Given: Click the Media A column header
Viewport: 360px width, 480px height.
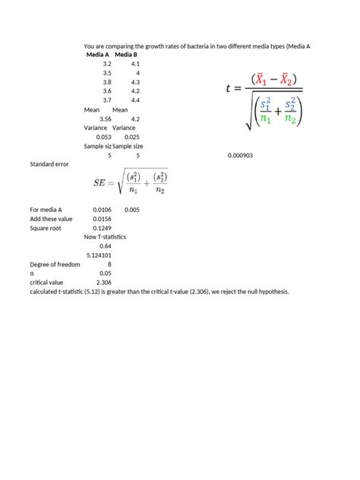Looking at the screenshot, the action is point(98,55).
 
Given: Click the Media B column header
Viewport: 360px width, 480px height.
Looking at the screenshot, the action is point(126,55).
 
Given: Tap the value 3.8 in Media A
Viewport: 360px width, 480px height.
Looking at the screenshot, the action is point(107,82).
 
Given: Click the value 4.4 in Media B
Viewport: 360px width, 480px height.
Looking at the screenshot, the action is point(135,100).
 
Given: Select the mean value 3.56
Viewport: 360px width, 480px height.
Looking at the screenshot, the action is point(106,118).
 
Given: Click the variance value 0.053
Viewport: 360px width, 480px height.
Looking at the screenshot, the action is point(104,137).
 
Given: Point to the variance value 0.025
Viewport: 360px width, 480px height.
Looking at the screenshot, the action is point(132,137).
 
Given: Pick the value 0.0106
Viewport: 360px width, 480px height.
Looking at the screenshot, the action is point(103,210).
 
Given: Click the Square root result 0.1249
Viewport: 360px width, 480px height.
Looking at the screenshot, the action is point(103,228).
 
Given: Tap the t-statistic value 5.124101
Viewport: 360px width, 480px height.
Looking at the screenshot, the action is point(100,255).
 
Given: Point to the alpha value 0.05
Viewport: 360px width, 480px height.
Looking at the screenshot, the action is point(106,273).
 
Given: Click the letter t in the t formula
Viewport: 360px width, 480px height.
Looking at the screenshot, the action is point(229,88).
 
